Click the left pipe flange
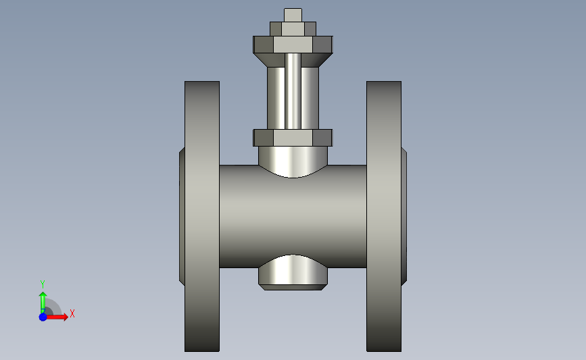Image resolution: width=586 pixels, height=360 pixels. [x=202, y=216]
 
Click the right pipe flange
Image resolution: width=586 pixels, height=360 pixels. [x=384, y=216]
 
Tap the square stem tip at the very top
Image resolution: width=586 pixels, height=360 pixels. [x=293, y=15]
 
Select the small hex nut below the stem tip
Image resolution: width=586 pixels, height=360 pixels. [x=293, y=29]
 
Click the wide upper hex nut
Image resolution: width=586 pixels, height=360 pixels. [x=293, y=45]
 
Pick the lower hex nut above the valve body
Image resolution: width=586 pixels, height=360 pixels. [x=293, y=138]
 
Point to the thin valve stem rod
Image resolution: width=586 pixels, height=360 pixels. [x=293, y=91]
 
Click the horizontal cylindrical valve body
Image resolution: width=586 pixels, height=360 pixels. [x=293, y=217]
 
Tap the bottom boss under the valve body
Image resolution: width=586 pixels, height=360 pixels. [x=293, y=272]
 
